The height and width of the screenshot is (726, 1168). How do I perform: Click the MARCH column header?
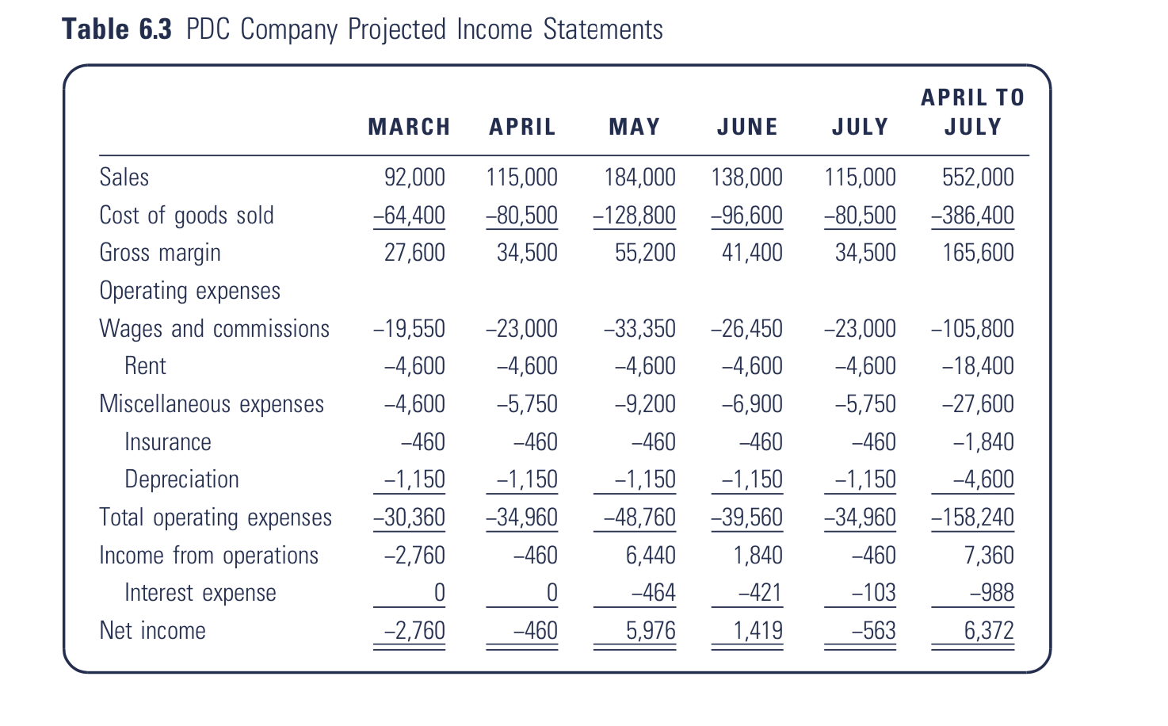pyautogui.click(x=409, y=127)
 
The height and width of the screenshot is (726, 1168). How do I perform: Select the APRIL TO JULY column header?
pyautogui.click(x=972, y=112)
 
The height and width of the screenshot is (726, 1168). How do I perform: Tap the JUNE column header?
pyautogui.click(x=747, y=127)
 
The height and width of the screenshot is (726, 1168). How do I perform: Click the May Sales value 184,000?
pyautogui.click(x=639, y=178)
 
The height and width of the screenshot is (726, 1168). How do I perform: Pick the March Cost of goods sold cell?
pyautogui.click(x=410, y=215)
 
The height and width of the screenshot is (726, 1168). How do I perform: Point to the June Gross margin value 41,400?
pyautogui.click(x=752, y=253)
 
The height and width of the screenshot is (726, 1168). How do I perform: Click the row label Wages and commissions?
pyautogui.click(x=214, y=329)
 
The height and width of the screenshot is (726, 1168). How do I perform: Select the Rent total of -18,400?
pyautogui.click(x=978, y=365)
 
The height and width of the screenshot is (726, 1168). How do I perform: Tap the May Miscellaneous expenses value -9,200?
pyautogui.click(x=645, y=403)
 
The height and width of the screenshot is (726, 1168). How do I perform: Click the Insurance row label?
pyautogui.click(x=167, y=441)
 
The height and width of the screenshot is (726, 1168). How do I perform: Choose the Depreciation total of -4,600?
pyautogui.click(x=983, y=480)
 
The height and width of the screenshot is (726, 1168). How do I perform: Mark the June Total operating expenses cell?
pyautogui.click(x=746, y=518)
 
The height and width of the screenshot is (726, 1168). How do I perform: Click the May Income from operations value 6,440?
pyautogui.click(x=651, y=555)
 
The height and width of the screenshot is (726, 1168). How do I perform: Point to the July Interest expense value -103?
pyautogui.click(x=873, y=593)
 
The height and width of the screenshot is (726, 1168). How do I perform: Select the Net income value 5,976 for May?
pyautogui.click(x=651, y=631)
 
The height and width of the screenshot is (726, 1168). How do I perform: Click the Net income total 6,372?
pyautogui.click(x=989, y=631)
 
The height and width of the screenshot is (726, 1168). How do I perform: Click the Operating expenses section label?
pyautogui.click(x=190, y=291)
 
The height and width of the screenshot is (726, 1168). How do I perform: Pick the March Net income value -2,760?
pyautogui.click(x=414, y=631)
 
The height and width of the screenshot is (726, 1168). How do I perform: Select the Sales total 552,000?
pyautogui.click(x=978, y=178)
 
